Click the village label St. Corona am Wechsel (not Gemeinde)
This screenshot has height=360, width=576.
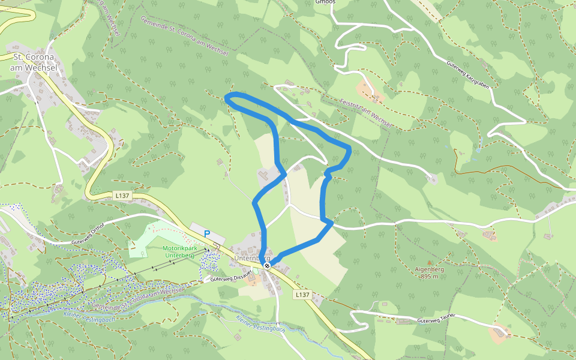(33, 62)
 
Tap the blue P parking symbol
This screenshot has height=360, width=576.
(208, 233)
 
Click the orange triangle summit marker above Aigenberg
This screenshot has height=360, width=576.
(430, 262)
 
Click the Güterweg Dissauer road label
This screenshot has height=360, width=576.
(230, 278)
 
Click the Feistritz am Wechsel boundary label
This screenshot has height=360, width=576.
(365, 113)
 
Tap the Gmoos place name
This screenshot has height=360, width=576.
(325, 2)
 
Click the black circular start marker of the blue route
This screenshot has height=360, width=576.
(267, 265)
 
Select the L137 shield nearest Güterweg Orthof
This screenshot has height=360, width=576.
(121, 196)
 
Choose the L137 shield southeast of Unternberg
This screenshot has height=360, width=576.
(302, 295)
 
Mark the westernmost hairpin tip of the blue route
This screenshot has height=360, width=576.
(226, 98)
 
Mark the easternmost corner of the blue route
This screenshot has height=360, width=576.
(350, 148)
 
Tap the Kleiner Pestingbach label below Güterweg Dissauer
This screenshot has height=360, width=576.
(259, 324)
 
